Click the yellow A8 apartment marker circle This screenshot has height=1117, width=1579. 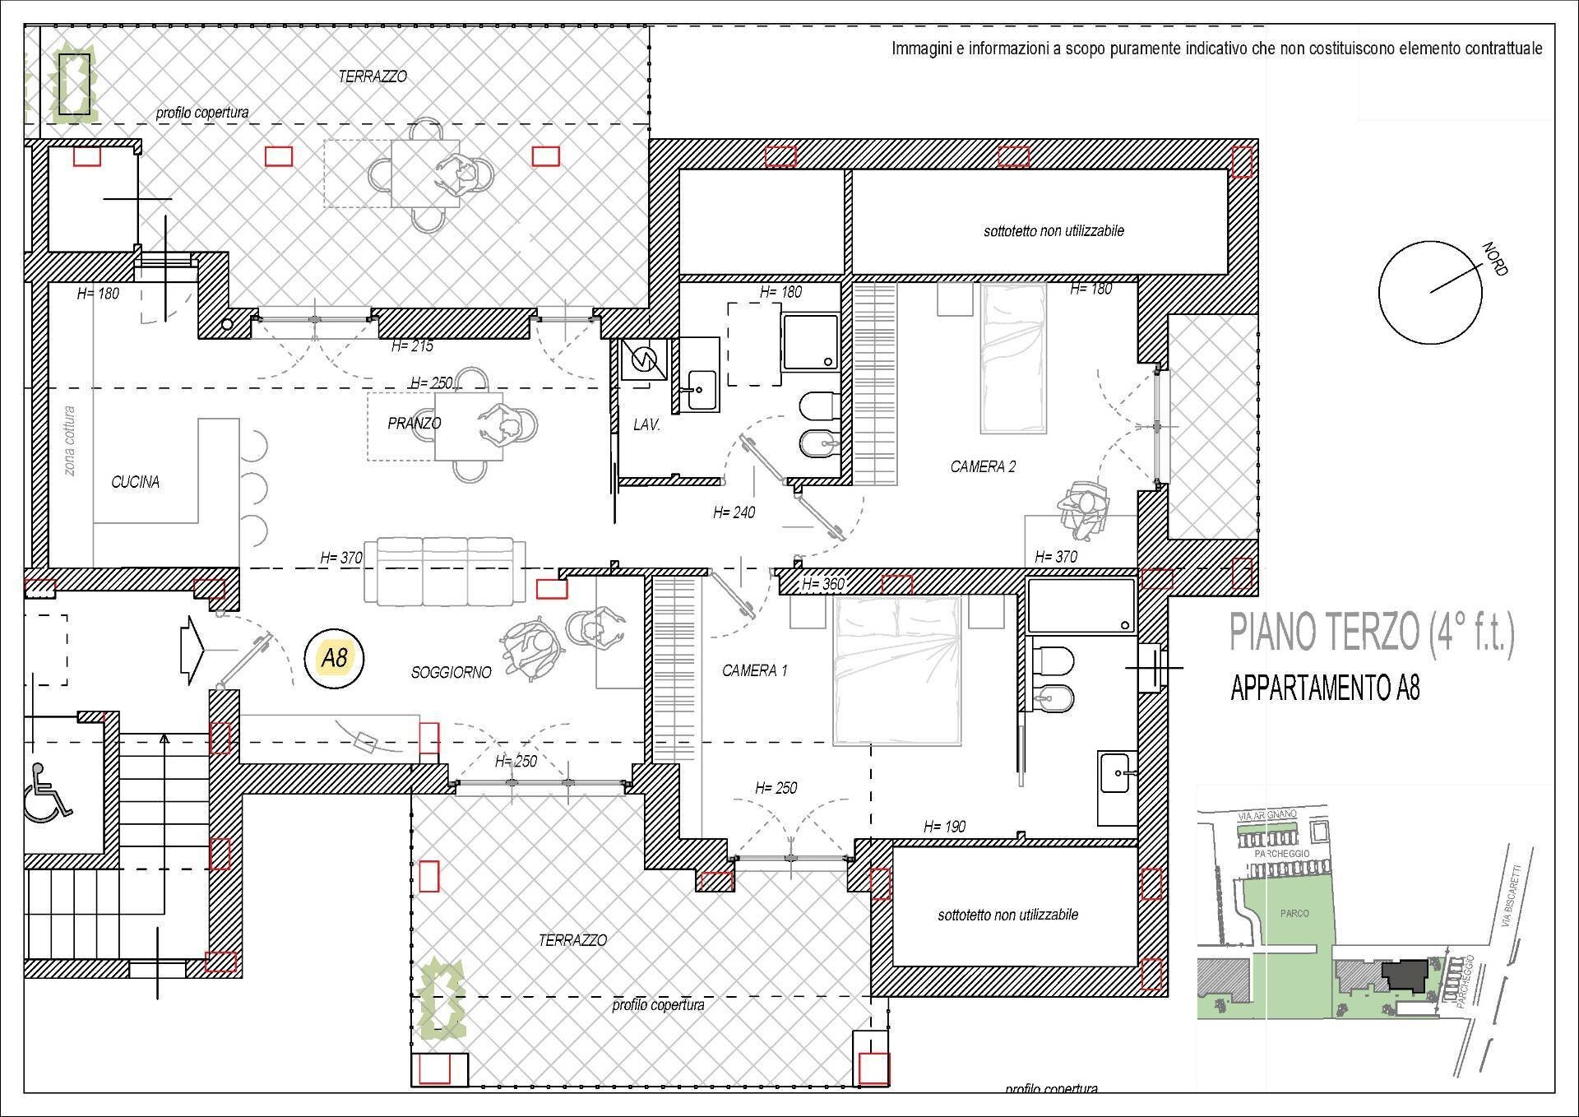[x=334, y=658]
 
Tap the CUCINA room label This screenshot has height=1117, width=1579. [x=135, y=482]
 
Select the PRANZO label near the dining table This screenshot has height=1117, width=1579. [x=414, y=424]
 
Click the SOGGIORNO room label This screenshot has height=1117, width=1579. [x=451, y=673]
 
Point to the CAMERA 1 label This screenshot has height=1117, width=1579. [x=754, y=671]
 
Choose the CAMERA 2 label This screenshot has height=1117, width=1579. [x=983, y=467]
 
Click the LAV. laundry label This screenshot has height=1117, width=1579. [x=646, y=426]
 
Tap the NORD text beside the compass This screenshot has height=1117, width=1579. [x=1494, y=259]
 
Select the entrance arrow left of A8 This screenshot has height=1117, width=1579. [x=193, y=650]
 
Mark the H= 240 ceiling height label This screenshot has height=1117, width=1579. [x=734, y=513]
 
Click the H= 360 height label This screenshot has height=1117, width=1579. [x=822, y=585]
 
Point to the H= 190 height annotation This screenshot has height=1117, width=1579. [x=944, y=827]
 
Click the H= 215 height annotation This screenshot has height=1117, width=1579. [x=412, y=346]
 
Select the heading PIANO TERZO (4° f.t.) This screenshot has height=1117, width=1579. [x=1371, y=633]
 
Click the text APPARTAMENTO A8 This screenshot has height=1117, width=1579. [x=1325, y=688]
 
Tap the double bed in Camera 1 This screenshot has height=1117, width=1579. [x=897, y=670]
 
